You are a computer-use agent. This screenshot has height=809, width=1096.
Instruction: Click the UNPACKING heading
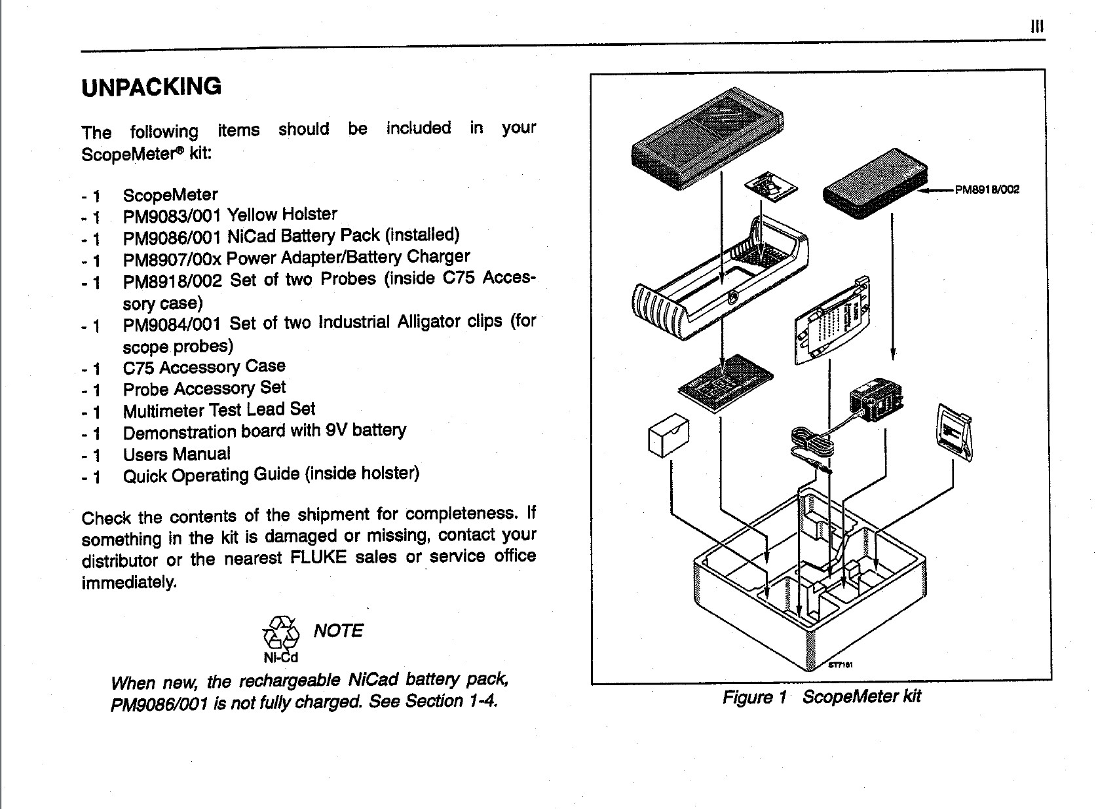(151, 86)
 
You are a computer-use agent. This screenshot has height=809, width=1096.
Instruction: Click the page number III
(1036, 27)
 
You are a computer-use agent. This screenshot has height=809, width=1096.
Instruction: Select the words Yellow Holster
(282, 214)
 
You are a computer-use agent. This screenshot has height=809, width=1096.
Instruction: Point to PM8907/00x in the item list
(172, 259)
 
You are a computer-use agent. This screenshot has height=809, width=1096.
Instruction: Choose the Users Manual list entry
(176, 454)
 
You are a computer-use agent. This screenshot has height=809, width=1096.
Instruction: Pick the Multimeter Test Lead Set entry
(219, 410)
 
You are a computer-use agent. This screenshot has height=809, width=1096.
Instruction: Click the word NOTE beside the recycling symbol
(338, 630)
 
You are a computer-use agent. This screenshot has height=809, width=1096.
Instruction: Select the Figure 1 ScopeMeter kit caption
(822, 696)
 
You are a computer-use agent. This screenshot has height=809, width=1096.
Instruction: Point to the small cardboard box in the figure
(668, 436)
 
